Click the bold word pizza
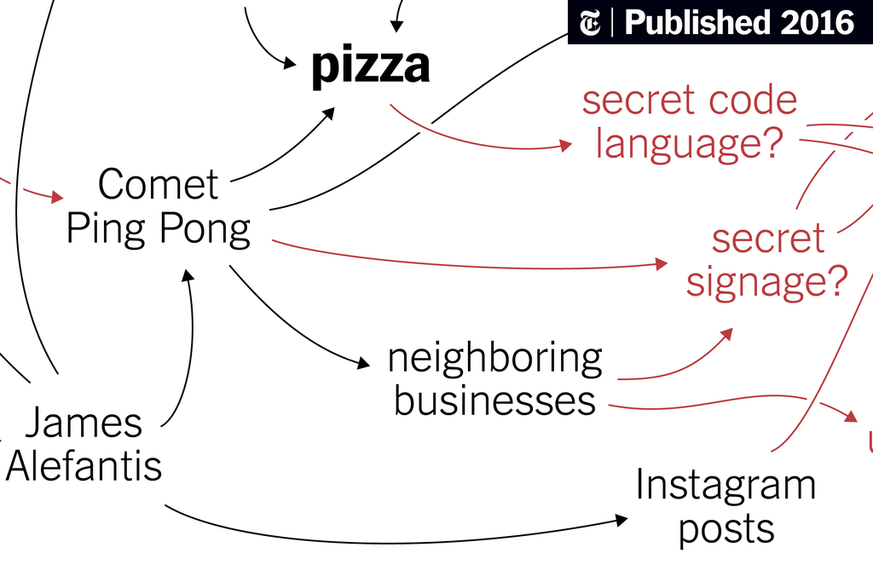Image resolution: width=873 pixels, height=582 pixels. coord(369,66)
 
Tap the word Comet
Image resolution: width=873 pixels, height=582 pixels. coord(158,185)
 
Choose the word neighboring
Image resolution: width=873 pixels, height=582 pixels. coord(494,358)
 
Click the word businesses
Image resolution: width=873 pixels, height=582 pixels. coord(494,400)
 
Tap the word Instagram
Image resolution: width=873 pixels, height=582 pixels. coord(726,486)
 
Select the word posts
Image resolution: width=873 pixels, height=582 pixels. coord(726,529)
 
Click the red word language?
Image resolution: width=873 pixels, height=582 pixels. coord(689,143)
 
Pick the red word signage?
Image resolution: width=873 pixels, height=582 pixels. coord(766,281)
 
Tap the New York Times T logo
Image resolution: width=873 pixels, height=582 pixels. coord(590,23)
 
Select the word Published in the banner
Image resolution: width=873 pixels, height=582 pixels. coord(693,23)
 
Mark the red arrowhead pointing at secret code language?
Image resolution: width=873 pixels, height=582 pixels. coord(565,146)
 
